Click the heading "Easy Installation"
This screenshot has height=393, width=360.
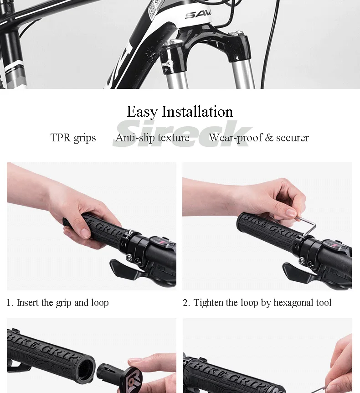tap(180, 112)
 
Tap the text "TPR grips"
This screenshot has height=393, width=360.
tap(73, 138)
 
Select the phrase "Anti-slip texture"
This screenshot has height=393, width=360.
tap(152, 137)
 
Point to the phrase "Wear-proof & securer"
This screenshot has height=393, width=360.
tap(259, 137)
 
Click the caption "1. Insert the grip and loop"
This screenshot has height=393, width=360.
tap(57, 303)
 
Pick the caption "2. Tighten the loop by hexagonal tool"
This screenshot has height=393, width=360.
tap(257, 303)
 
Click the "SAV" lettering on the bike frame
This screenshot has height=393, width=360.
tap(198, 15)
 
